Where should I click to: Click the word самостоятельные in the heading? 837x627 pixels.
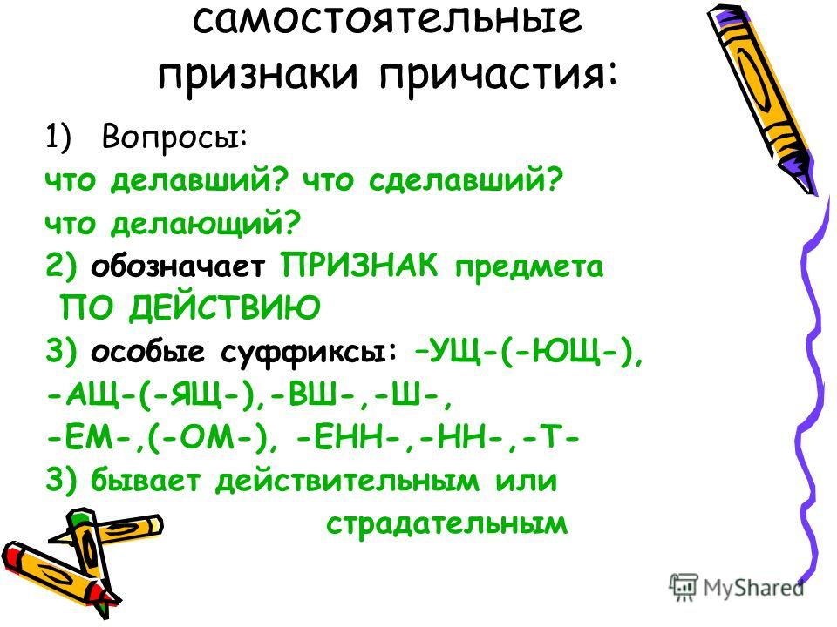387,19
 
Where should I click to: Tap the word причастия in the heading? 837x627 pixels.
499,75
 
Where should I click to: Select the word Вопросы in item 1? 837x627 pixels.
174,137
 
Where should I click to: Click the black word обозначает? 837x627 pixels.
178,266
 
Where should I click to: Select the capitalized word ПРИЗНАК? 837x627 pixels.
359,265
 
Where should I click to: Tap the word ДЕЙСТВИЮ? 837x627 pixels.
225,307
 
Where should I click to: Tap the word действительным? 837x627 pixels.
347,481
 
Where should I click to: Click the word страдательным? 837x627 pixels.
446,523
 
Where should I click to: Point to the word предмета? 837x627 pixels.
529,266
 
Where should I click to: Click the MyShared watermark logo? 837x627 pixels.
737,588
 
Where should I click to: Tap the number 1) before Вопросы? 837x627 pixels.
58,137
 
